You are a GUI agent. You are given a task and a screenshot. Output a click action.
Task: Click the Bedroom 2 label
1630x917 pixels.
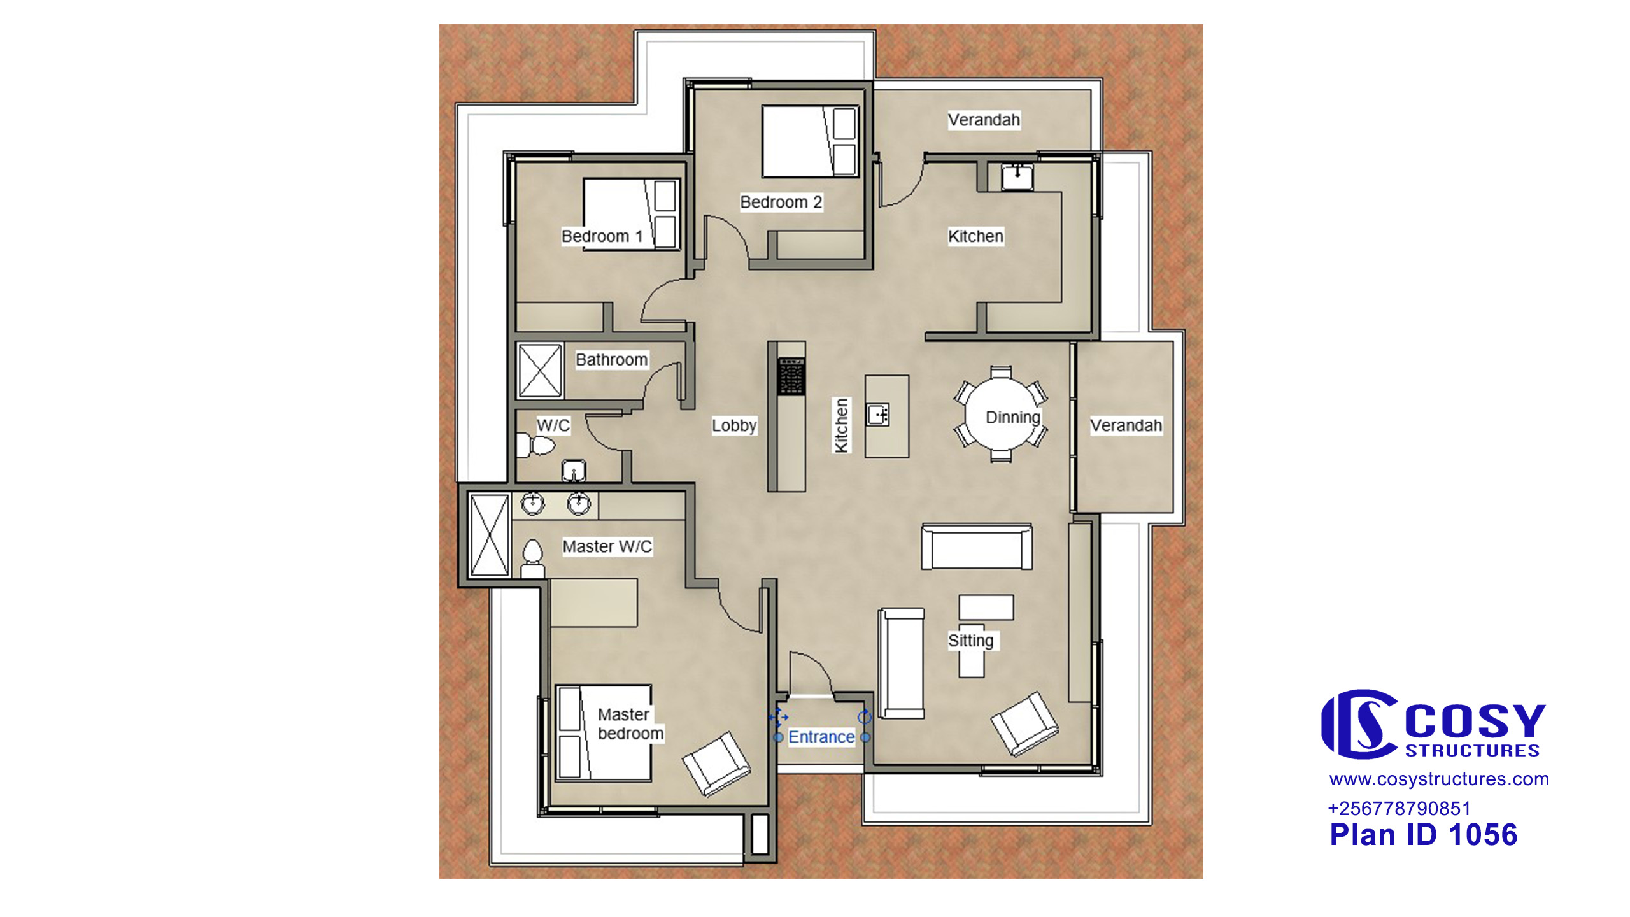click(781, 202)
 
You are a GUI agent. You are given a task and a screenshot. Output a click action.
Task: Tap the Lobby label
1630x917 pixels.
click(733, 425)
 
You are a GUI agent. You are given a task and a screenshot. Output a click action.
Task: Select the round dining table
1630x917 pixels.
click(1001, 414)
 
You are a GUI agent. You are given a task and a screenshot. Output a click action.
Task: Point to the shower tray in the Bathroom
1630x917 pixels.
click(540, 371)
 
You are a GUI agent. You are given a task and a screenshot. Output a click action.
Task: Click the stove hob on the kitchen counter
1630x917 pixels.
click(791, 376)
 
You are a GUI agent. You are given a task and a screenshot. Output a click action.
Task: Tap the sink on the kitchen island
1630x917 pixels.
click(878, 415)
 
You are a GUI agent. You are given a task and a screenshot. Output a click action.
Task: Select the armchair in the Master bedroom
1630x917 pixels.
click(716, 763)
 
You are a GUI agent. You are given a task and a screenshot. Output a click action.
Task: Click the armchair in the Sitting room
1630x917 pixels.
click(1024, 723)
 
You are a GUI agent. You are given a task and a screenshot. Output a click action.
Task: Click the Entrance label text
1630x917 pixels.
click(821, 737)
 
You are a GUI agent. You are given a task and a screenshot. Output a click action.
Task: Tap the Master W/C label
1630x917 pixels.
click(607, 546)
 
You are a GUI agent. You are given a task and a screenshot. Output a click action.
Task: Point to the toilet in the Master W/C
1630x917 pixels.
click(532, 559)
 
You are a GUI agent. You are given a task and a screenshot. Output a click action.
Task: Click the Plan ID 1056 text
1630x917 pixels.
click(1424, 835)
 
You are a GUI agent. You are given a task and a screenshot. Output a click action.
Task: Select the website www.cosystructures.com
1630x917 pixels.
click(1439, 779)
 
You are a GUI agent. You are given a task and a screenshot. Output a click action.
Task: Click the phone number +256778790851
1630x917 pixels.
click(1400, 809)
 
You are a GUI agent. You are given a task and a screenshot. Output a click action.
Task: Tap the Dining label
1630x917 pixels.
click(1013, 418)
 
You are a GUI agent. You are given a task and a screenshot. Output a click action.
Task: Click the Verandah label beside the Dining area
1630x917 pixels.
click(1126, 425)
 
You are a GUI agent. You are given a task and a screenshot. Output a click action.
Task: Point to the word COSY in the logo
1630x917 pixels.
click(1475, 721)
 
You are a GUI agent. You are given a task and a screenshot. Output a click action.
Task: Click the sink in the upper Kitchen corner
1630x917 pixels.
click(1017, 176)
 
